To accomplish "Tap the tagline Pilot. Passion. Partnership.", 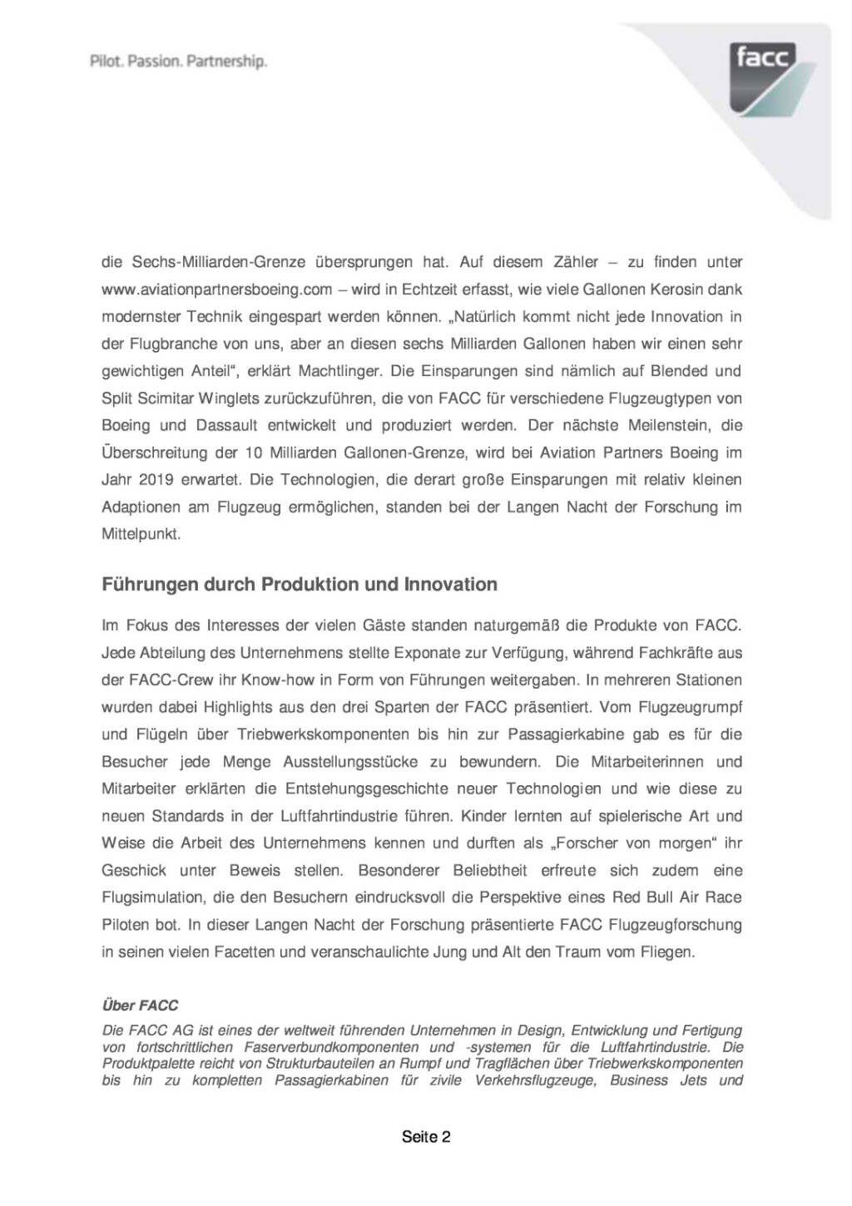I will (x=178, y=61).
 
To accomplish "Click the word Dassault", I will (x=226, y=425).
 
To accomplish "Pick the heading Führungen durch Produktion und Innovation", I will (x=300, y=585).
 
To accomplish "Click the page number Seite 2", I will (x=426, y=1137).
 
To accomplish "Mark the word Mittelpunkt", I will (x=141, y=534).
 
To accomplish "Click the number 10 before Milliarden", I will (x=254, y=452).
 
